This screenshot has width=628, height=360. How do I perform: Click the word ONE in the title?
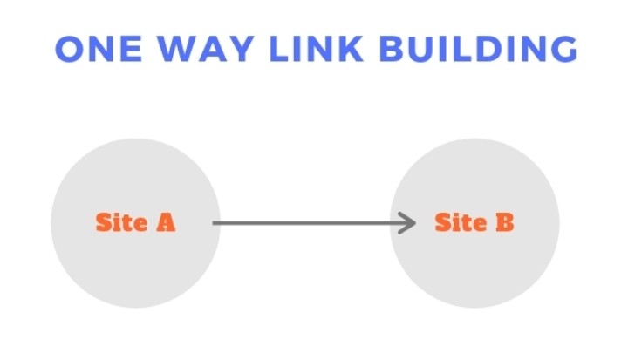[x=99, y=49]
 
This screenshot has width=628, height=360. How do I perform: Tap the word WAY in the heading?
[x=205, y=49]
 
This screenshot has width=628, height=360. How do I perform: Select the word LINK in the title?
[x=317, y=49]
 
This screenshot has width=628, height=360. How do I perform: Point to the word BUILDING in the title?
[x=478, y=49]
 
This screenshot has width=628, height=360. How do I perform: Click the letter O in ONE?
[x=70, y=49]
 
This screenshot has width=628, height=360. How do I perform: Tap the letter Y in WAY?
[x=240, y=49]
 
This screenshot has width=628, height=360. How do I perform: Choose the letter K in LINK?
[x=350, y=49]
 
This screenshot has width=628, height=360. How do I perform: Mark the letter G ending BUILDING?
[x=564, y=49]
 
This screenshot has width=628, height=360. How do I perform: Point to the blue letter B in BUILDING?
[x=392, y=49]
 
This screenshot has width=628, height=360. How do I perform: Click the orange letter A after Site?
[x=166, y=222]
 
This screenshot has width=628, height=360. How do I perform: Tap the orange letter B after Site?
[x=505, y=222]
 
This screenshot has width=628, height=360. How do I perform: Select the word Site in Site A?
[x=122, y=222]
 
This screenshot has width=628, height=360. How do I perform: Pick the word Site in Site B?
[x=461, y=222]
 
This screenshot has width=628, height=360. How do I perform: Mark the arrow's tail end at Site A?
[x=214, y=223]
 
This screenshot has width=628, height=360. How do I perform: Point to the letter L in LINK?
[x=279, y=49]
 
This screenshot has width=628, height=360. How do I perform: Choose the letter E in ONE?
[x=132, y=49]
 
